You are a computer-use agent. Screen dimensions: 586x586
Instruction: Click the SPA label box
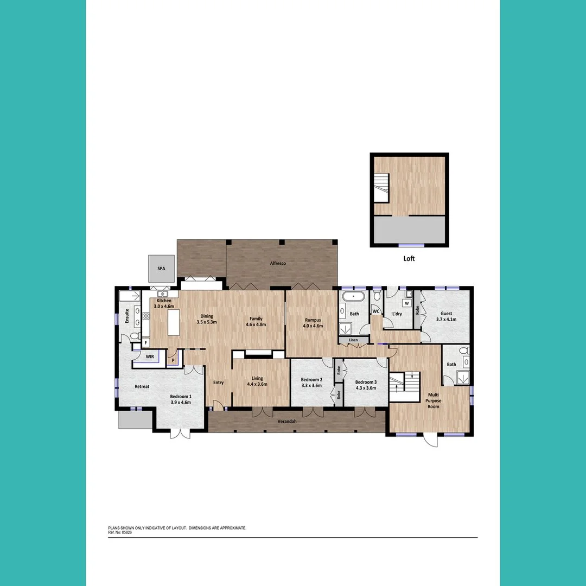pos(161,269)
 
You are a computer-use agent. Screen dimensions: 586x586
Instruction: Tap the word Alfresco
pos(278,264)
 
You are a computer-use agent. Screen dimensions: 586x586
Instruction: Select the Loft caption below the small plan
pos(409,259)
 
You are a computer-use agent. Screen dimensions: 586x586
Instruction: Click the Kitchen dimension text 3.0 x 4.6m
pos(164,307)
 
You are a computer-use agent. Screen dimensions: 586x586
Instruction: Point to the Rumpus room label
pos(313,320)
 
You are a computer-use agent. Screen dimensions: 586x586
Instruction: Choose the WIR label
pos(150,356)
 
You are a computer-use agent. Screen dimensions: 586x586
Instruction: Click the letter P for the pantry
pos(173,360)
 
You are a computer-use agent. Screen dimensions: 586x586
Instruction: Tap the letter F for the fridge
pos(145,343)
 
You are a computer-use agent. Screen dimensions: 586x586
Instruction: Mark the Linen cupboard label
pos(353,340)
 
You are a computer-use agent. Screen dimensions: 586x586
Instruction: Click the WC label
pos(375,312)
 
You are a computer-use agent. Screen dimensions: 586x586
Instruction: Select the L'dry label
pos(397,314)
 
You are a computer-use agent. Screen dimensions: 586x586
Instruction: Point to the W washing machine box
pos(406,304)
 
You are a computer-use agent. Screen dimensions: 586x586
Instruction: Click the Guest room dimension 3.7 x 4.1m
pos(446,320)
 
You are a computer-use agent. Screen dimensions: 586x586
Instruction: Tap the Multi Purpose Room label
pos(433,400)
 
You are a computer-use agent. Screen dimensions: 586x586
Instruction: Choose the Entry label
pos(218,383)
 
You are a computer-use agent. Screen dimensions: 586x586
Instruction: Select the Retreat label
pos(142,386)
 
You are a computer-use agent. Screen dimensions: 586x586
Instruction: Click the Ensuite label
pos(127,316)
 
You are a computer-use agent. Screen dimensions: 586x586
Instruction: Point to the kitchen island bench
pos(174,324)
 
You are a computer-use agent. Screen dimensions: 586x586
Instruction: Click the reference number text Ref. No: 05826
pos(120,532)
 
